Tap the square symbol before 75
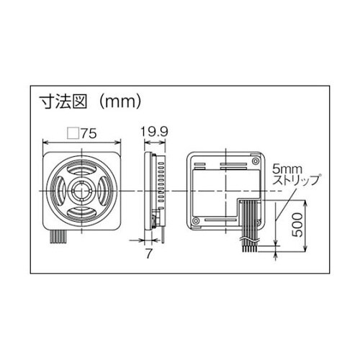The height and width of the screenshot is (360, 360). point(72,133)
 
